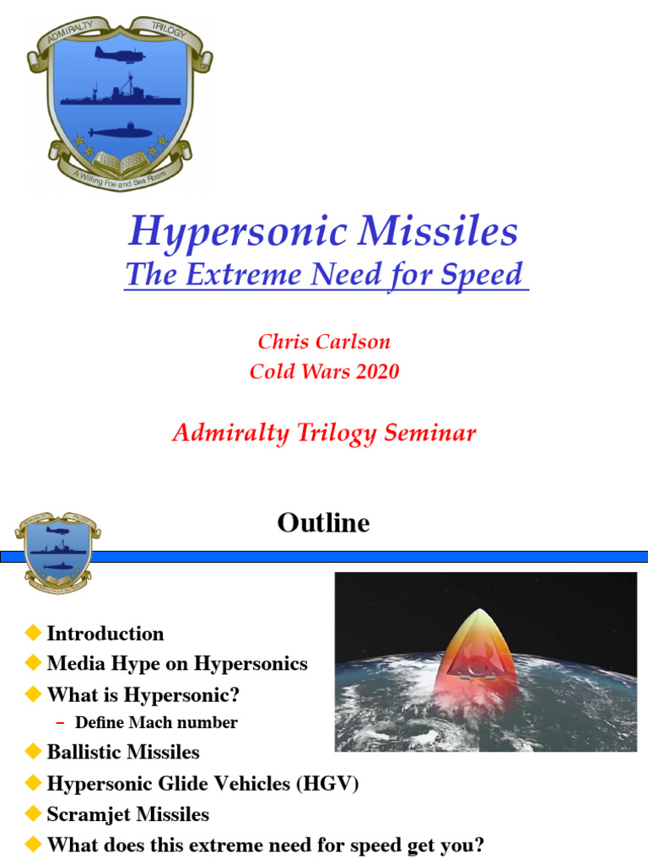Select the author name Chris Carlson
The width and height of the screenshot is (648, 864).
tap(324, 342)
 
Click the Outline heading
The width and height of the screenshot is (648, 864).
tap(323, 523)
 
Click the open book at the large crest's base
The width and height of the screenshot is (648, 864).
tap(118, 159)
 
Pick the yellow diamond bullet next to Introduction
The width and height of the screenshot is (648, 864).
tap(34, 633)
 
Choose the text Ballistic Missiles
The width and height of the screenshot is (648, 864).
tap(123, 752)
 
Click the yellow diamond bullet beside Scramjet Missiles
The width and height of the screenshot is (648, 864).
tap(34, 814)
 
